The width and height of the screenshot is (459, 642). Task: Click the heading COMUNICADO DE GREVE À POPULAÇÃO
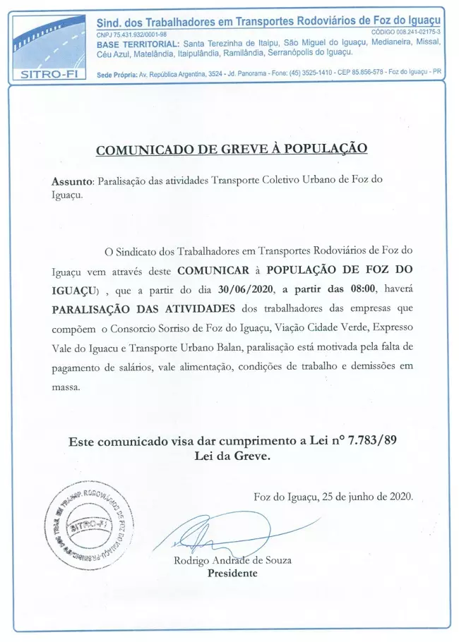pyautogui.click(x=232, y=150)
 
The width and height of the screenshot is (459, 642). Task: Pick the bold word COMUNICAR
pyautogui.click(x=210, y=270)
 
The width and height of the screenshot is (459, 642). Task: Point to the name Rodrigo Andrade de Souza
pyautogui.click(x=232, y=561)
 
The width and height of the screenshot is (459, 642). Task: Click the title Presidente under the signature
pyautogui.click(x=232, y=574)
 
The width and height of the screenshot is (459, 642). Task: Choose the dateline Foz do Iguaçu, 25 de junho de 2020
pyautogui.click(x=333, y=497)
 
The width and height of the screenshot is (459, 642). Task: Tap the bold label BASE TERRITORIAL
pyautogui.click(x=134, y=43)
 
